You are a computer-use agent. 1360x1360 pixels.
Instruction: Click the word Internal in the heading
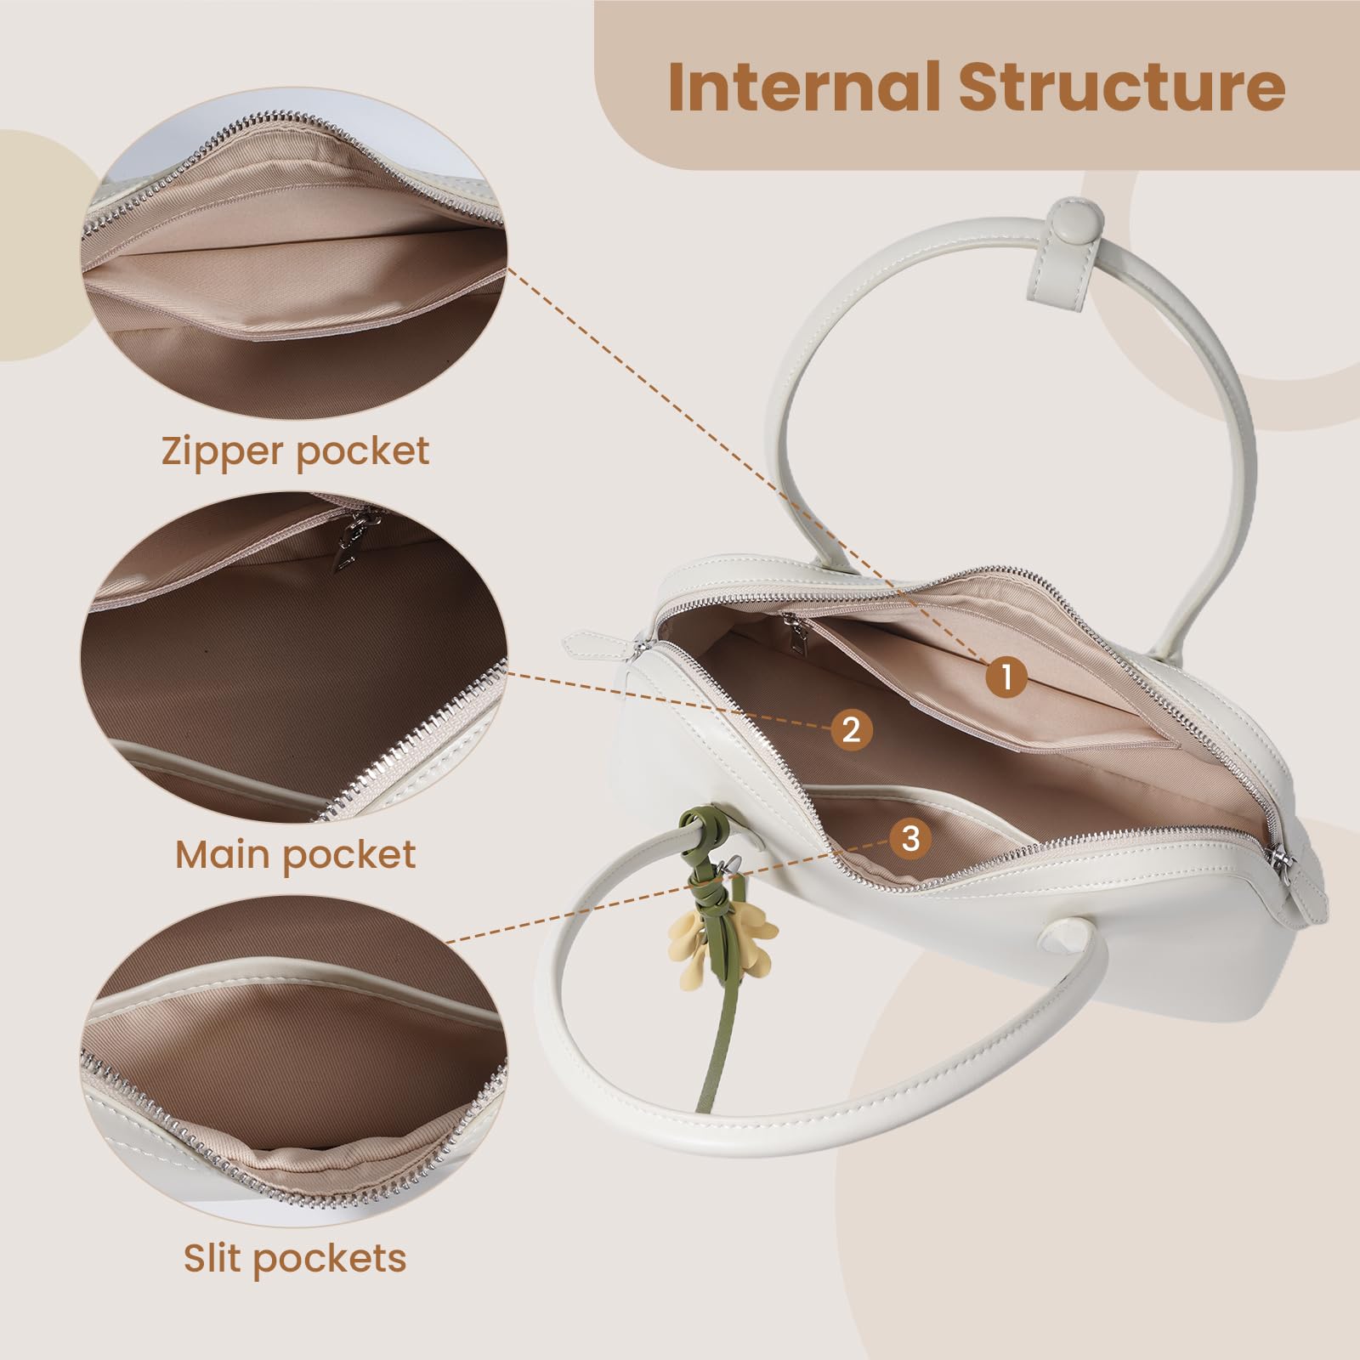coord(804,86)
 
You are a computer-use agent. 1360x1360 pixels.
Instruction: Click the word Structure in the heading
coord(1122,86)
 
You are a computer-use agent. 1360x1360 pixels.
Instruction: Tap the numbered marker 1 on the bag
coord(1006,677)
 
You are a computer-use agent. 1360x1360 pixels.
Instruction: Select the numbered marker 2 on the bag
coord(851,728)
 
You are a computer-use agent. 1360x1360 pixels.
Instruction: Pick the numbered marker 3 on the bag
coord(910,838)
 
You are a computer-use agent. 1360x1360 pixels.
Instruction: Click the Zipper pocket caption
coord(295,450)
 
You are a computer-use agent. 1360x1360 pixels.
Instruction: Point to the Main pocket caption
coord(296,853)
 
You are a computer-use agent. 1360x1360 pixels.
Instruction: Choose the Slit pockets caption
coord(295,1257)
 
